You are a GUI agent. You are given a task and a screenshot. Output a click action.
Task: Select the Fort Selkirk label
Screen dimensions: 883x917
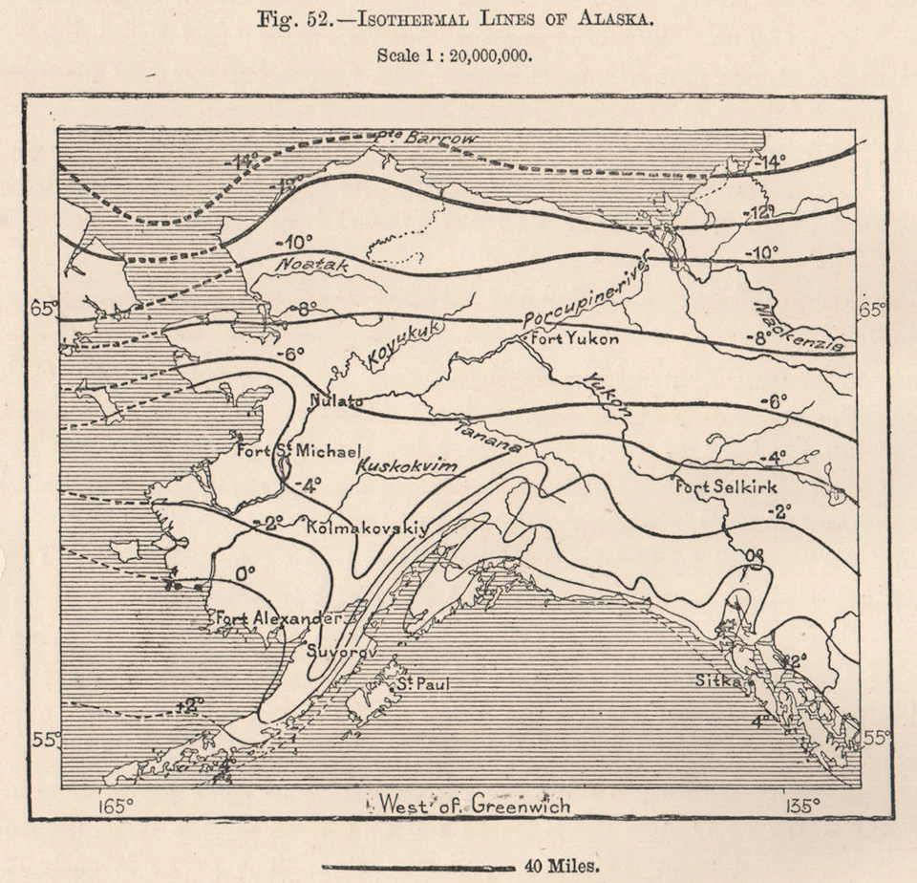[x=726, y=486]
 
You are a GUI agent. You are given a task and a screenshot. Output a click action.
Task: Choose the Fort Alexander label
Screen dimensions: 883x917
[x=277, y=618]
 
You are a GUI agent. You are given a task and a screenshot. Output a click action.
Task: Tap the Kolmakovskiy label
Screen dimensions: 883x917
[x=366, y=527]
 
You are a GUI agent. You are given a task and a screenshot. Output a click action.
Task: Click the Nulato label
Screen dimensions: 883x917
[x=335, y=402]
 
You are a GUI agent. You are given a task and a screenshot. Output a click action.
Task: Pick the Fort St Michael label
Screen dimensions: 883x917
[x=298, y=450]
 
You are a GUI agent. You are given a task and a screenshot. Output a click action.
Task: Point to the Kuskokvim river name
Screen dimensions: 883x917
[x=406, y=467]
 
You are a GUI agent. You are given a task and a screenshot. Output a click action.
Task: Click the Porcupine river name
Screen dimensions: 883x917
[x=585, y=295]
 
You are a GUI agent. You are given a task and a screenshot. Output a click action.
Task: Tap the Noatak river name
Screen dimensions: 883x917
[x=313, y=267]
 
